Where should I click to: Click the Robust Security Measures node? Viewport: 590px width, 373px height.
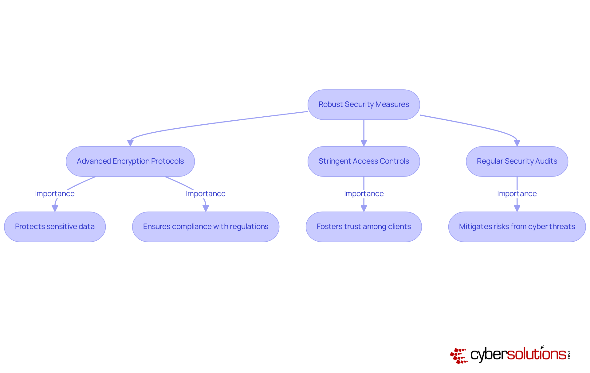coord(364,105)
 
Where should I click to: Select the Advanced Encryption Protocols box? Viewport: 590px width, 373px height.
coord(130,161)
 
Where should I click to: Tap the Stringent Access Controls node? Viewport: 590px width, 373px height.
coord(364,161)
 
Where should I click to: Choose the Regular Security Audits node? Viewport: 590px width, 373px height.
coord(517,161)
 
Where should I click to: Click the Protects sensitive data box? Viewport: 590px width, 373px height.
coord(55,227)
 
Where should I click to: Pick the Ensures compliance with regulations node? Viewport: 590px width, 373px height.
coord(206,227)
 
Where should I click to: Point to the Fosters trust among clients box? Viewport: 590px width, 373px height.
coord(364,227)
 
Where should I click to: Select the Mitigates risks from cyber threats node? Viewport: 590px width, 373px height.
coord(517,227)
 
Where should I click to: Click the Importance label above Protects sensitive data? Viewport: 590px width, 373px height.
coord(55,194)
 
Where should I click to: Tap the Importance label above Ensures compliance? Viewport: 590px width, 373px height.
coord(206,194)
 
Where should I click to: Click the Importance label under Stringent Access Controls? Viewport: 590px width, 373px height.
coord(364,194)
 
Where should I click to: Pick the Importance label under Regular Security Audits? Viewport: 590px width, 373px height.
coord(517,194)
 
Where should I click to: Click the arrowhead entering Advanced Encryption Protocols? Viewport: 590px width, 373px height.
coord(130,143)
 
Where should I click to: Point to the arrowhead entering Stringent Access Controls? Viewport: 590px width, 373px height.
coord(364,143)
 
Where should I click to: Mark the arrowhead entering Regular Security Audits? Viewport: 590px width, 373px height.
coord(517,143)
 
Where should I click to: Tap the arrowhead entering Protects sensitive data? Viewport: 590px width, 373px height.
coord(55,208)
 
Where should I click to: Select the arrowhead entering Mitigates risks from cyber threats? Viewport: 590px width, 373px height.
coord(517,208)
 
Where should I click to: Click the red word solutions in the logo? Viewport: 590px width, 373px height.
coord(536,354)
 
